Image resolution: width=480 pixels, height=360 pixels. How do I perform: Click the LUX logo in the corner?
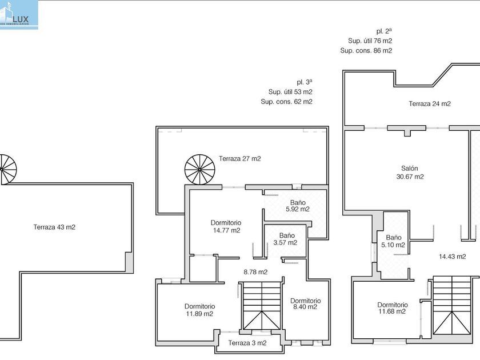(19, 14)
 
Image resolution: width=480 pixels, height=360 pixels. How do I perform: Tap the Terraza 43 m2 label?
(54, 227)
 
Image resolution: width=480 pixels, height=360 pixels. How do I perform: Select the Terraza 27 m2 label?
(239, 159)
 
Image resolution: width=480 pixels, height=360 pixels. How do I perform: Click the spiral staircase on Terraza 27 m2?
(199, 170)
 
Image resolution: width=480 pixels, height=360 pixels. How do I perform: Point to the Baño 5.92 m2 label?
(297, 206)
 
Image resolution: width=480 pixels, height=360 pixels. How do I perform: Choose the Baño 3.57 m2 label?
(287, 239)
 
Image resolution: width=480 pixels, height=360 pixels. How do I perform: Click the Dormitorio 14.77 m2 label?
(226, 226)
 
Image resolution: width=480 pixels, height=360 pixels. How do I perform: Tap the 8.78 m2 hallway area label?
(255, 272)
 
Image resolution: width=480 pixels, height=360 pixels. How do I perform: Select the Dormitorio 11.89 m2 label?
(199, 310)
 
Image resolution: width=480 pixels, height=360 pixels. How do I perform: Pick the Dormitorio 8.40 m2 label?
(305, 304)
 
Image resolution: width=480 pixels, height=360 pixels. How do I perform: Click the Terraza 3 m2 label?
(247, 343)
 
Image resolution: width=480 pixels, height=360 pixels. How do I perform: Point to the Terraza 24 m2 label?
(430, 104)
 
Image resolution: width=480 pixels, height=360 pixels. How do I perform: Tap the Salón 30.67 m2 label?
(410, 173)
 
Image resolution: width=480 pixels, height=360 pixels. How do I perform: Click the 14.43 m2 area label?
(452, 257)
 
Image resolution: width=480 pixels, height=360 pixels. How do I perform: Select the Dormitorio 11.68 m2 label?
(392, 308)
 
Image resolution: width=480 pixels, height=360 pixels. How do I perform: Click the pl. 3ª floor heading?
(305, 82)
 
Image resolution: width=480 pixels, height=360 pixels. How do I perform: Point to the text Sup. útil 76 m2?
(370, 41)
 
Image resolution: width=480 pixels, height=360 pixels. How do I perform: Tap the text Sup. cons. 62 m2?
(286, 102)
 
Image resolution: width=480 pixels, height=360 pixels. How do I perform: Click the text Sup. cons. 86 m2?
(366, 50)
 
